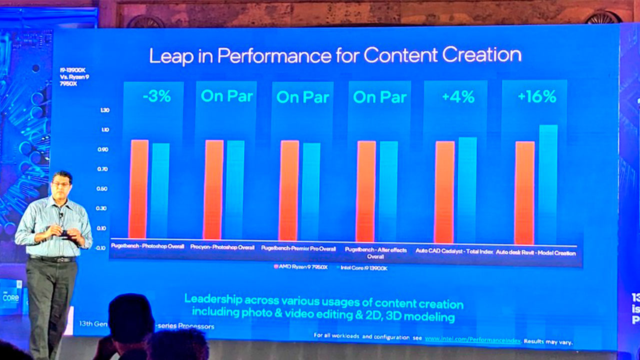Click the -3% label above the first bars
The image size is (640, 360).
tap(156, 96)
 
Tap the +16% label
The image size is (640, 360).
tap(537, 97)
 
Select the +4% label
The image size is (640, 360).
tap(457, 97)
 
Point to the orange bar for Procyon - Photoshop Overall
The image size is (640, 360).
tap(213, 189)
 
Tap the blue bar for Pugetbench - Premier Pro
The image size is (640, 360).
tap(310, 191)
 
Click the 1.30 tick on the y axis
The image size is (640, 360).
tap(105, 110)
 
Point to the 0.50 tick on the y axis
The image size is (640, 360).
tap(101, 189)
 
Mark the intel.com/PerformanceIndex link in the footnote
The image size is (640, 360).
tap(472, 340)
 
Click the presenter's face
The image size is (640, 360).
tap(61, 184)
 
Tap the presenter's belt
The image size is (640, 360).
tap(52, 259)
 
